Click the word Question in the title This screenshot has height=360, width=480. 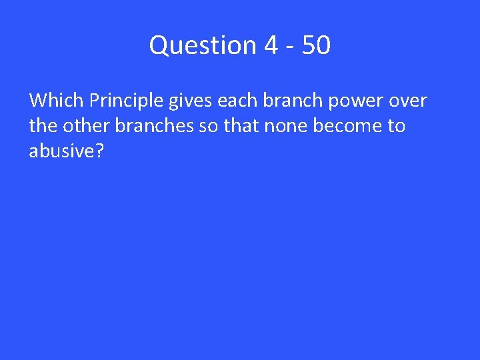click(203, 46)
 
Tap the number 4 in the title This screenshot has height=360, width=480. click(271, 46)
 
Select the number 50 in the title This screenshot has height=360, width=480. click(315, 46)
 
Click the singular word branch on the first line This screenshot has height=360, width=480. click(288, 101)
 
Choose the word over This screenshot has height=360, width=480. click(407, 101)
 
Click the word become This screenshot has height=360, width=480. click(346, 126)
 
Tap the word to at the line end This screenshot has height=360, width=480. click(395, 127)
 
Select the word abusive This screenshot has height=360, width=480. click(62, 151)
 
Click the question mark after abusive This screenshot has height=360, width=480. click(100, 151)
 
